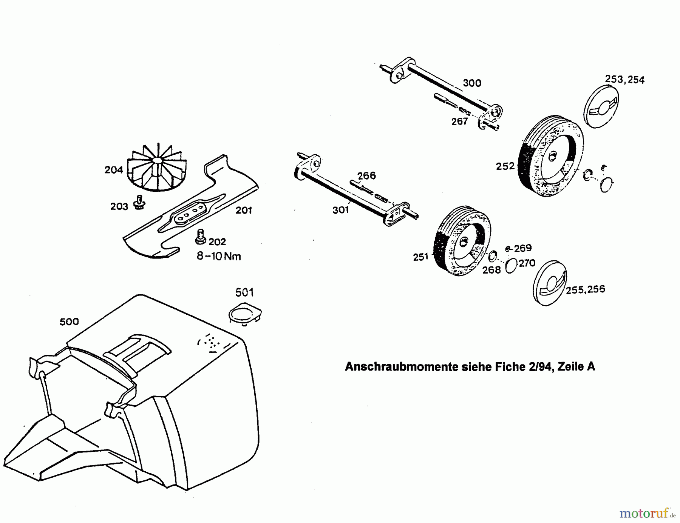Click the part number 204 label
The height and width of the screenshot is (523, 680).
(114, 170)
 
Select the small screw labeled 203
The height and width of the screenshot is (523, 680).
(139, 203)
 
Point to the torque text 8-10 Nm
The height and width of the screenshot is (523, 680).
(219, 256)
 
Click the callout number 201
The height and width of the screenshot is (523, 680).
(244, 210)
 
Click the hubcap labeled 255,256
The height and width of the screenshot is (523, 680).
(550, 283)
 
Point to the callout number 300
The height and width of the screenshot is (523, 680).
(472, 83)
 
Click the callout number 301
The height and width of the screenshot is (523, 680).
(340, 210)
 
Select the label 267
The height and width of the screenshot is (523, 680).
(459, 122)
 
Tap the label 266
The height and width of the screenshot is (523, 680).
(366, 175)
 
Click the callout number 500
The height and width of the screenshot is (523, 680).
(69, 321)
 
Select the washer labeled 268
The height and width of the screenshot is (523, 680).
(493, 257)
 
